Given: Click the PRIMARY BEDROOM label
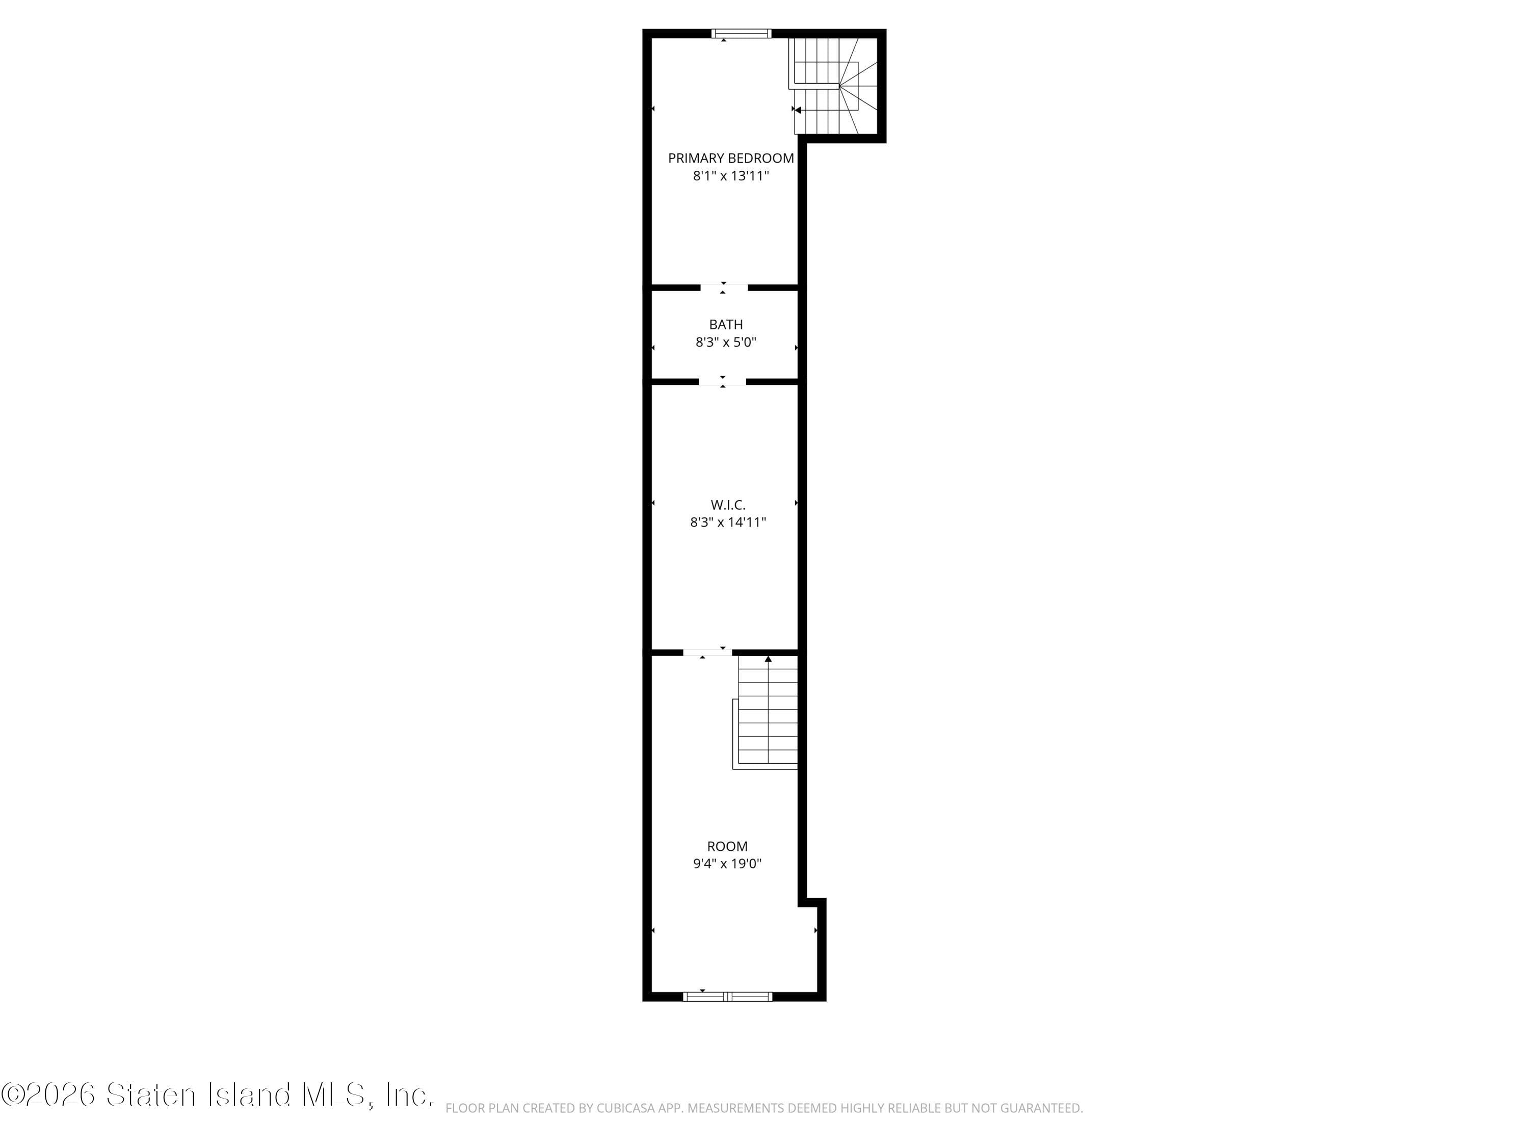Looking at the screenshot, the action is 731,159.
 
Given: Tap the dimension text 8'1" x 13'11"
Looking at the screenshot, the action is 731,175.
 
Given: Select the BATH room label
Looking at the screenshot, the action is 726,324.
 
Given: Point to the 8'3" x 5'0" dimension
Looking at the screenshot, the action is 726,342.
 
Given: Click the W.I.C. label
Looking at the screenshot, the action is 728,505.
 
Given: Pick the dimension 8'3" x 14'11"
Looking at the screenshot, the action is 728,522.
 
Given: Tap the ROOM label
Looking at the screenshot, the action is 727,846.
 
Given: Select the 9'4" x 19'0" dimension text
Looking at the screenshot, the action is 727,864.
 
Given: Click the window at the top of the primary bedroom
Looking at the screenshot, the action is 742,33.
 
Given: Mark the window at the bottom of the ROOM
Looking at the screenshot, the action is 727,996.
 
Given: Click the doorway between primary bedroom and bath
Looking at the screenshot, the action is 724,288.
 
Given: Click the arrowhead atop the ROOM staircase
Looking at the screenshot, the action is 768,659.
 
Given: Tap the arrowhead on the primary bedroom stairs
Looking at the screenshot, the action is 798,110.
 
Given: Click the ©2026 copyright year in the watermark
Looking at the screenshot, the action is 48,1094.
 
